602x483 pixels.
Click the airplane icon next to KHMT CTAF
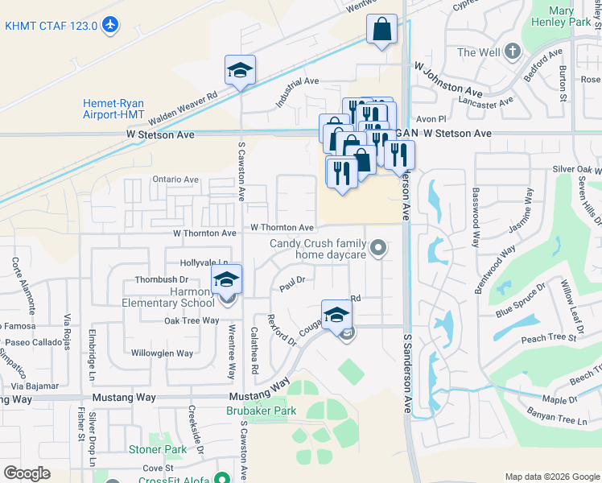[x=110, y=26]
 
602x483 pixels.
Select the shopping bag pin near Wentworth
[x=382, y=31]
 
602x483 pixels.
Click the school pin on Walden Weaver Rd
[x=240, y=71]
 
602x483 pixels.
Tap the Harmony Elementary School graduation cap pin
[x=226, y=280]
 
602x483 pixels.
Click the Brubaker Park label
[x=261, y=411]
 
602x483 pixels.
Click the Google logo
[x=27, y=473]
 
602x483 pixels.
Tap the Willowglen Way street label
[x=162, y=353]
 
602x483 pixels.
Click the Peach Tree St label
[x=549, y=339]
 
